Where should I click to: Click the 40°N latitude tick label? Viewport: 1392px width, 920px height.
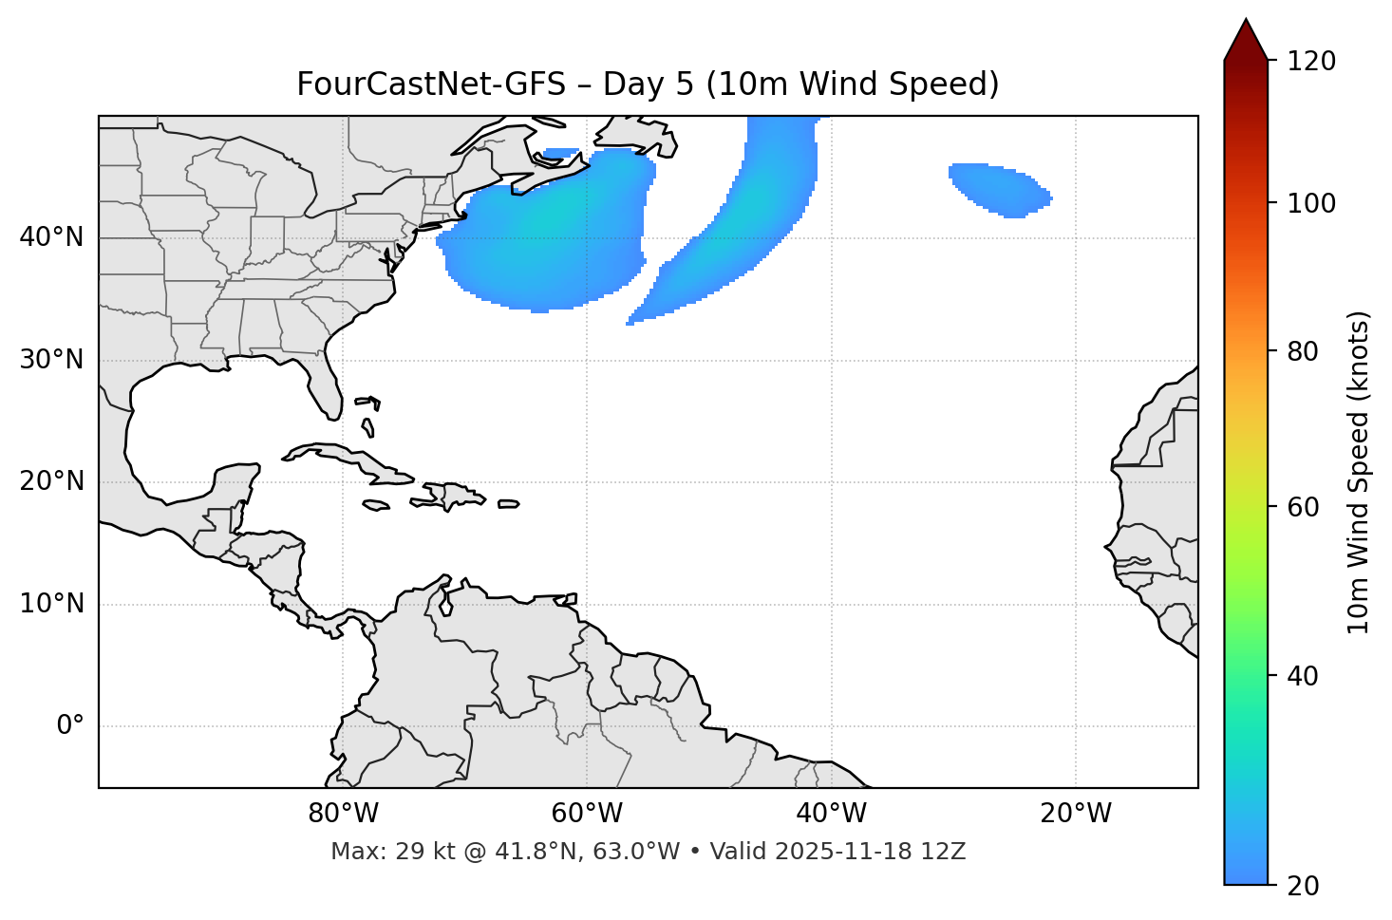(51, 237)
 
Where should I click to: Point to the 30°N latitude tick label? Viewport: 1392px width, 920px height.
(51, 360)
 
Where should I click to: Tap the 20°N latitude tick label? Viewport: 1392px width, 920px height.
(51, 481)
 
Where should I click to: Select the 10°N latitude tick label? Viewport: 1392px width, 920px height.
(51, 604)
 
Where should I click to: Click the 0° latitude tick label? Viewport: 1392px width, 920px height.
(70, 726)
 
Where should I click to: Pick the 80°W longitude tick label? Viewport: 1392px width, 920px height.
(343, 814)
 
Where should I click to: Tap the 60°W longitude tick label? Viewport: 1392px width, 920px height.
(587, 814)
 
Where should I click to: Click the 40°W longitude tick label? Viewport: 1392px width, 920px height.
(831, 814)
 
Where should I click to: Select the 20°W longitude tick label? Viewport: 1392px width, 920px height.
(1076, 814)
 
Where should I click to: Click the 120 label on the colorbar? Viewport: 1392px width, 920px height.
(1310, 62)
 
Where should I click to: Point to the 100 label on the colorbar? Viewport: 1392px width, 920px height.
(1310, 204)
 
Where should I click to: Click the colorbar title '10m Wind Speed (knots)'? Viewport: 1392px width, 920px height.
(1359, 472)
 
